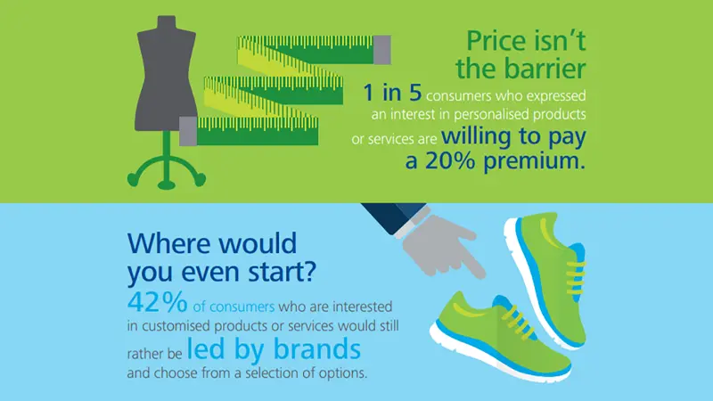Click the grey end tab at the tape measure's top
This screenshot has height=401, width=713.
[x=382, y=50]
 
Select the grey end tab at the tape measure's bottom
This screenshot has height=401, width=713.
[x=188, y=131]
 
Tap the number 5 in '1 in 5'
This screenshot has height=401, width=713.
[x=415, y=93]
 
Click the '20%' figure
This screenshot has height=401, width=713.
[x=450, y=160]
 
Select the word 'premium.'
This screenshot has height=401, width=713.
[x=534, y=162]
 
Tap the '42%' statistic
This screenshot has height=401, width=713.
[x=158, y=302]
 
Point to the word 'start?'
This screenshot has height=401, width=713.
[x=282, y=272]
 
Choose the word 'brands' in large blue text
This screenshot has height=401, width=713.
[x=317, y=349]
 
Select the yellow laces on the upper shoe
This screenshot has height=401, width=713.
[x=574, y=274]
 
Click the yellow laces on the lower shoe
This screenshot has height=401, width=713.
[x=519, y=320]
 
